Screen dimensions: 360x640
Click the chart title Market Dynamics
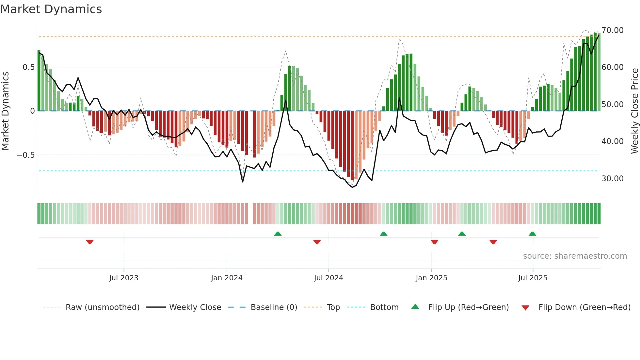click(51, 9)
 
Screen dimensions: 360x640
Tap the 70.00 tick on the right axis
click(612, 30)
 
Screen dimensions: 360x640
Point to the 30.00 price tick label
click(612, 179)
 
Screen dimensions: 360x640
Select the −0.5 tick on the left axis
click(25, 155)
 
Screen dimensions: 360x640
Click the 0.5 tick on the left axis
click(28, 67)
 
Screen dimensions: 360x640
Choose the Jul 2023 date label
click(124, 278)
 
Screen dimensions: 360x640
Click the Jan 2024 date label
click(227, 278)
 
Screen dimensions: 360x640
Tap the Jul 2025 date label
click(533, 278)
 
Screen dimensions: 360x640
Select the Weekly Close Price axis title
click(634, 111)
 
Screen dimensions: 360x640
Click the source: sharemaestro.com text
click(575, 256)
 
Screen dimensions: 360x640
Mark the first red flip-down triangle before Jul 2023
click(90, 242)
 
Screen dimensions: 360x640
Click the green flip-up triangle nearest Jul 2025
click(532, 234)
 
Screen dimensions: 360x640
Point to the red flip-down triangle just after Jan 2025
click(434, 242)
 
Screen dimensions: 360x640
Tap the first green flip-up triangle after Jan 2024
click(278, 234)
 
